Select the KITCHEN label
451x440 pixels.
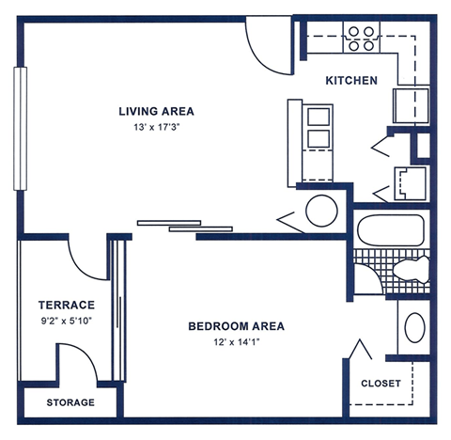351,81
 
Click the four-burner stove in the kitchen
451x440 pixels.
361,38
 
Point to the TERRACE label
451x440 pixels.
66,305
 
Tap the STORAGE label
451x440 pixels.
70,402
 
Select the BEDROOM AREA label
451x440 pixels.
236,327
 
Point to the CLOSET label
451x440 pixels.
381,384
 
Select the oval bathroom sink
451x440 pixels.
414,330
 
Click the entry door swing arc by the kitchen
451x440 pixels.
266,42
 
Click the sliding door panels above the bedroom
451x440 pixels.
185,225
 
